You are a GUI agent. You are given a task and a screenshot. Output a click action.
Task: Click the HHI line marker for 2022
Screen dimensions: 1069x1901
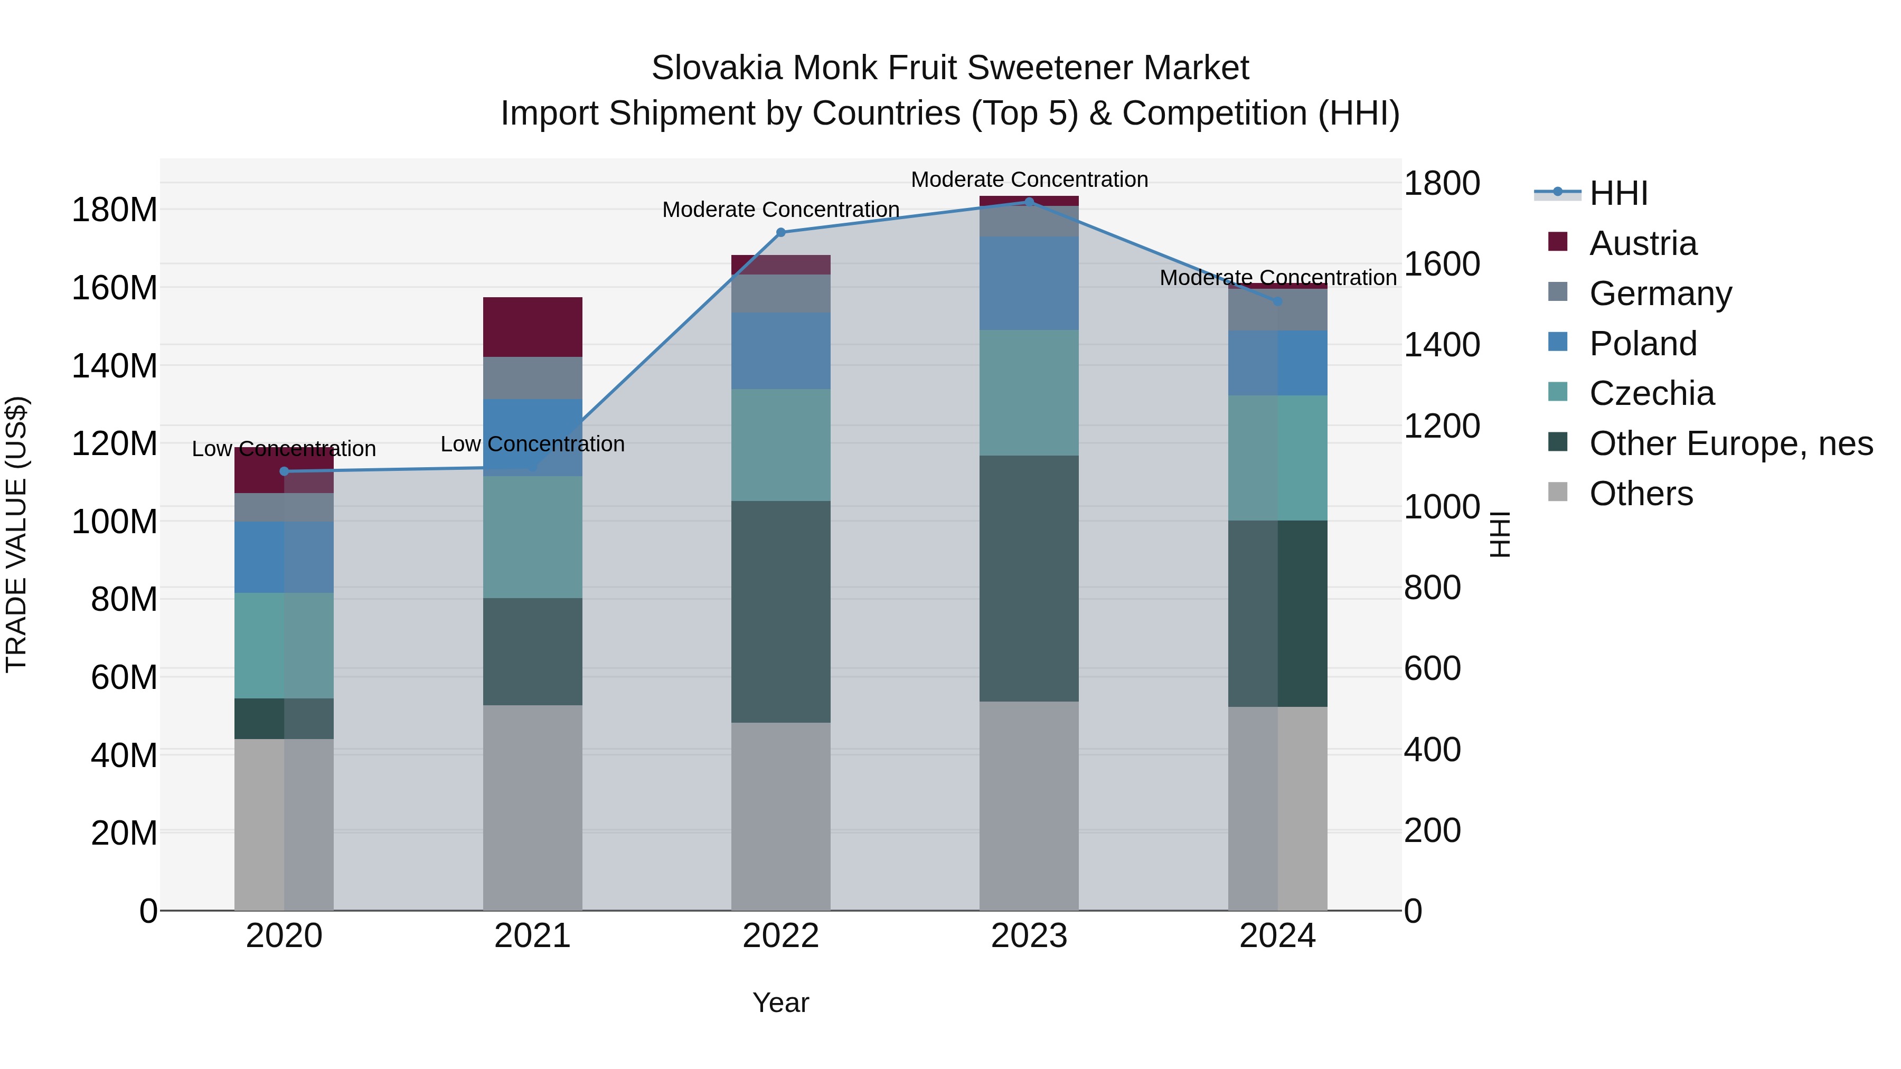pyautogui.click(x=781, y=232)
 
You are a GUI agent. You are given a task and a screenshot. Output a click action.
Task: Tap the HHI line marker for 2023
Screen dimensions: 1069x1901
pyautogui.click(x=1030, y=202)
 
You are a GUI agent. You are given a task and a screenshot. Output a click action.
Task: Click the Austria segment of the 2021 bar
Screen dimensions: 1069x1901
pyautogui.click(x=532, y=327)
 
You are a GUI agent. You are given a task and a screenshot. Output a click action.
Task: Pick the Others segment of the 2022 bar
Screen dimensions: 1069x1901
pyautogui.click(x=781, y=815)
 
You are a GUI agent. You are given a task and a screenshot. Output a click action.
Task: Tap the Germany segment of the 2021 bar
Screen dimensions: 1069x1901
pyautogui.click(x=532, y=378)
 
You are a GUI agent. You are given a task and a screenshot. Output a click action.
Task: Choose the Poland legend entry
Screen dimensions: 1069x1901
pyautogui.click(x=1643, y=343)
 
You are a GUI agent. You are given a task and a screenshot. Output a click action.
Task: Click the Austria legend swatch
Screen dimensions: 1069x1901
pyautogui.click(x=1557, y=242)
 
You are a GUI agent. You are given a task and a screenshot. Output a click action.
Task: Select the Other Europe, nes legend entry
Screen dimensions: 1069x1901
pyautogui.click(x=1730, y=443)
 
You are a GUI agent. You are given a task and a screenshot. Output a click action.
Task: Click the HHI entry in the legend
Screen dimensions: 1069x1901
pyautogui.click(x=1618, y=193)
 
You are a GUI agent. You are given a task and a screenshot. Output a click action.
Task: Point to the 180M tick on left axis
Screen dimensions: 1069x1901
pyautogui.click(x=115, y=210)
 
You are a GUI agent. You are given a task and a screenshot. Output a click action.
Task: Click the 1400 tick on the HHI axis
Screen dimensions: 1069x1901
pyautogui.click(x=1441, y=345)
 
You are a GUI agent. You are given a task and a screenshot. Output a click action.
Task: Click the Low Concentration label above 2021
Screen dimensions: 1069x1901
pyautogui.click(x=532, y=444)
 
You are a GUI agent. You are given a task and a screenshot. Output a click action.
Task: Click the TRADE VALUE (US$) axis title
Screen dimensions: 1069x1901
pyautogui.click(x=16, y=534)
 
